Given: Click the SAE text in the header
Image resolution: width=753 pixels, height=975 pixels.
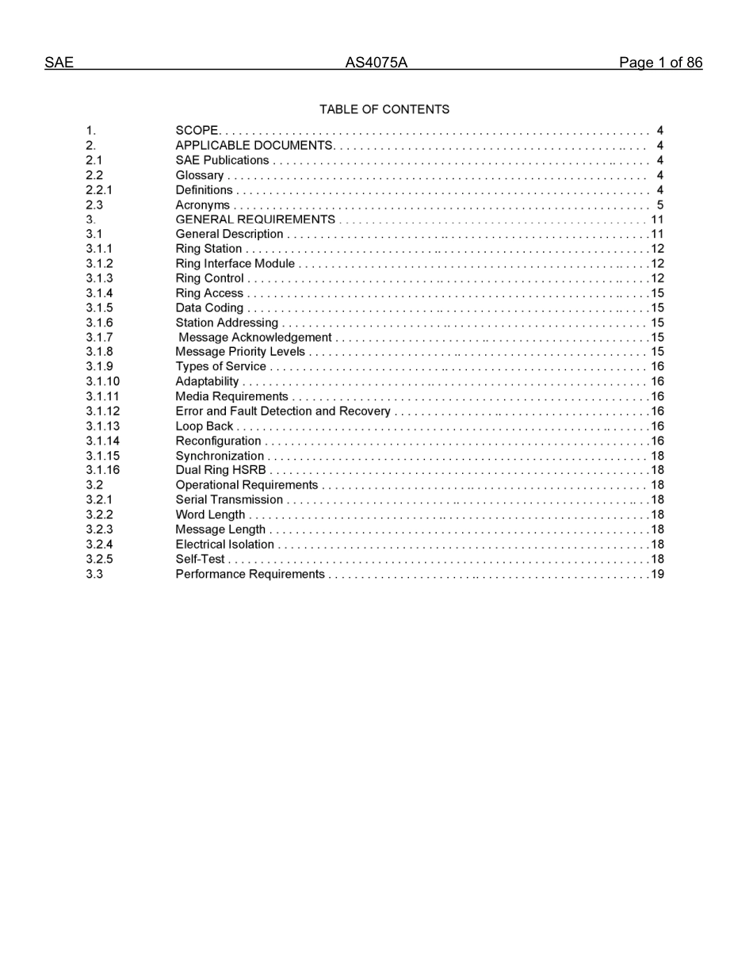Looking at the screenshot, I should pyautogui.click(x=59, y=63).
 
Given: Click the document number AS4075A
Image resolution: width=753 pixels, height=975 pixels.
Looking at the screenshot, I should pyautogui.click(x=376, y=63).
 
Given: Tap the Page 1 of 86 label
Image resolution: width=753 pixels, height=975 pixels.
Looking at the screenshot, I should pyautogui.click(x=660, y=63).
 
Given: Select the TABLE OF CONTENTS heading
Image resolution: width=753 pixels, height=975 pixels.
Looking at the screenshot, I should pyautogui.click(x=384, y=109).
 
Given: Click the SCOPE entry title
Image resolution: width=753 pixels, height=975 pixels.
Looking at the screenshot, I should pyautogui.click(x=197, y=131).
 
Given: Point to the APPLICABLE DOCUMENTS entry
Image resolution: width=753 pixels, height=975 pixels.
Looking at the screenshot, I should pyautogui.click(x=254, y=146).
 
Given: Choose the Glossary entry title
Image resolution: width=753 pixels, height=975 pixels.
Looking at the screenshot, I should pyautogui.click(x=200, y=175).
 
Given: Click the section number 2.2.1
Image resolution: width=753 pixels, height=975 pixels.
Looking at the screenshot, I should pyautogui.click(x=99, y=190).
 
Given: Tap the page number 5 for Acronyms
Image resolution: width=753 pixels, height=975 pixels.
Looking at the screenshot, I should pyautogui.click(x=659, y=205).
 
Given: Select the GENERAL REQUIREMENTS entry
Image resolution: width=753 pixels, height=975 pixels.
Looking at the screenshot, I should pyautogui.click(x=255, y=220).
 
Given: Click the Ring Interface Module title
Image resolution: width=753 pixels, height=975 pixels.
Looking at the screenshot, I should pyautogui.click(x=235, y=264).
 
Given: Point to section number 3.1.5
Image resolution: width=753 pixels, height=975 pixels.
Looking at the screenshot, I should pyautogui.click(x=99, y=308).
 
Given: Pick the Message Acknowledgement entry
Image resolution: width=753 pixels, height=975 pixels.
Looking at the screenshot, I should pyautogui.click(x=255, y=338).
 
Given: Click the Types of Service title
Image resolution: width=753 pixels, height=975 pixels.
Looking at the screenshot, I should pyautogui.click(x=221, y=367).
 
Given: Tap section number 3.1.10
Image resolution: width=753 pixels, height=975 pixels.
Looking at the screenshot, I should pyautogui.click(x=103, y=382).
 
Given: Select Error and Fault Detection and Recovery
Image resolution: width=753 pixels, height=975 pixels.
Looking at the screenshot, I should pyautogui.click(x=283, y=411).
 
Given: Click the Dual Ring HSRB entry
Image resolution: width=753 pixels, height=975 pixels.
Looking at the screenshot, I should pyautogui.click(x=221, y=470).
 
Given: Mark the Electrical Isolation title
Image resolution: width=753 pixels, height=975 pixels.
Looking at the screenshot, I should pyautogui.click(x=225, y=545).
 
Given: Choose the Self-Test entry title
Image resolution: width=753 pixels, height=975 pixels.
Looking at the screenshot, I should pyautogui.click(x=201, y=560).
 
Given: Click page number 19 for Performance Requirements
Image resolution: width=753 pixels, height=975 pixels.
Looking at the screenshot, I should pyautogui.click(x=657, y=575).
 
